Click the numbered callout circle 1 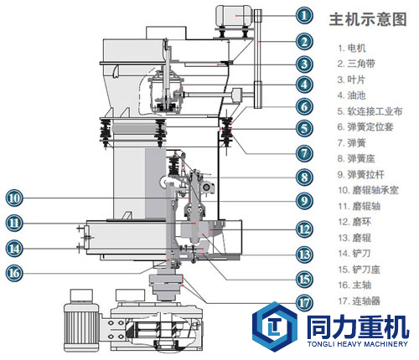pyautogui.click(x=304, y=15)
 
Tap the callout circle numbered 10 pyautogui.click(x=14, y=198)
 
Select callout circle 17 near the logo pyautogui.click(x=304, y=303)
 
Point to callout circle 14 pyautogui.click(x=14, y=249)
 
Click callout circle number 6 pyautogui.click(x=304, y=106)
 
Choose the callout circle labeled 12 pyautogui.click(x=304, y=229)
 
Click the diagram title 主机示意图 pyautogui.click(x=368, y=19)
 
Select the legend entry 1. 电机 pyautogui.click(x=352, y=48)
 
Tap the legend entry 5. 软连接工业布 pyautogui.click(x=370, y=111)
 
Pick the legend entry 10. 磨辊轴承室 pyautogui.click(x=368, y=190)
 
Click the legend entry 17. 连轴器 pyautogui.click(x=359, y=301)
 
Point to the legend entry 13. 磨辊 pyautogui.click(x=354, y=238)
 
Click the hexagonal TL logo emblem pyautogui.click(x=274, y=327)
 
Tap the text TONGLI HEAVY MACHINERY pyautogui.click(x=358, y=344)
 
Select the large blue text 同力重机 pyautogui.click(x=358, y=327)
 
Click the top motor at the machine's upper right pyautogui.click(x=235, y=16)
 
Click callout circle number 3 pyautogui.click(x=304, y=64)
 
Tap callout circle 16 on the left pyautogui.click(x=14, y=273)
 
